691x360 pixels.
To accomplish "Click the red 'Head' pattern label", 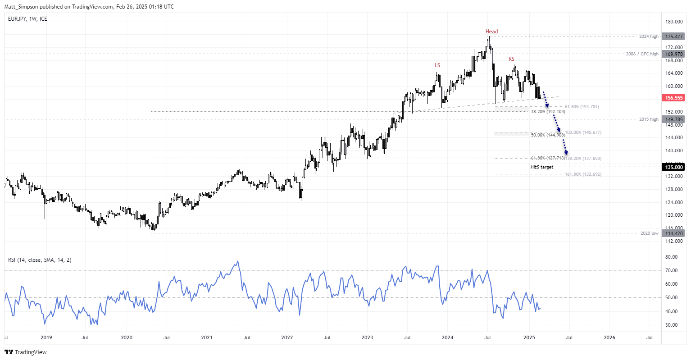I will tap(491, 32).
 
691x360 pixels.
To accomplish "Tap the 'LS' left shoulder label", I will tap(437, 65).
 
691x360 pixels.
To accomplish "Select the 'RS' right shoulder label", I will tap(511, 59).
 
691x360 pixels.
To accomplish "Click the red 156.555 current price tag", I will tap(674, 98).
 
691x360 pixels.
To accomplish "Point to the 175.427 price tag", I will tap(674, 36).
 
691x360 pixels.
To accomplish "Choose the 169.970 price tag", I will tap(674, 54).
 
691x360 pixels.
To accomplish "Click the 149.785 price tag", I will tap(674, 119).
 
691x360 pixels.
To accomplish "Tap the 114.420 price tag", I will tap(674, 233).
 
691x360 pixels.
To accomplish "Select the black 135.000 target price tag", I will tap(674, 167).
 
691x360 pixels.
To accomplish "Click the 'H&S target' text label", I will tap(541, 167).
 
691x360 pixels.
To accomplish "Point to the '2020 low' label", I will tap(649, 233).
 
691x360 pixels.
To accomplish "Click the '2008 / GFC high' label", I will tap(642, 54).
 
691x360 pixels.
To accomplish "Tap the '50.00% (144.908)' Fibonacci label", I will tap(548, 135).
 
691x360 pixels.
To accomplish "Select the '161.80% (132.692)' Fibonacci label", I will tap(583, 174).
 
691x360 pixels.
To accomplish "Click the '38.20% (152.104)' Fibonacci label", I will tap(548, 112).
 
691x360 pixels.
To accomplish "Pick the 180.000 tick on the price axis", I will tap(674, 22).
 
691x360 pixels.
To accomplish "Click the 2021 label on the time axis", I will tap(207, 337).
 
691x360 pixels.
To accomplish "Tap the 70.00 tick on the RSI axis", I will tap(671, 270).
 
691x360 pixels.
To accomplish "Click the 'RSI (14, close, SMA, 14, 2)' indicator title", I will tap(40, 260).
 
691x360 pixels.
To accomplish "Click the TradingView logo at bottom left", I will tap(26, 352).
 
